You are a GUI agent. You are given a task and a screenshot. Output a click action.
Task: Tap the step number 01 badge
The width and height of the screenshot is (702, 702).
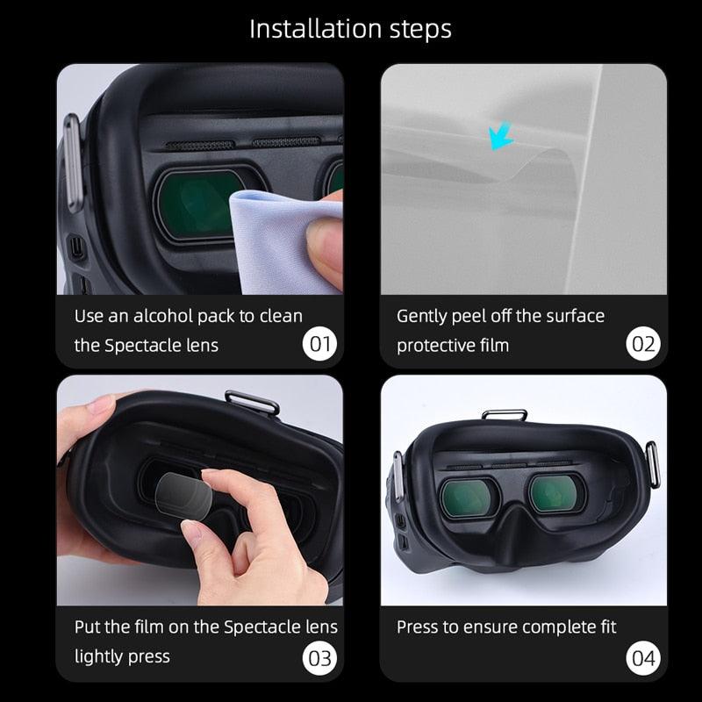[x=319, y=343]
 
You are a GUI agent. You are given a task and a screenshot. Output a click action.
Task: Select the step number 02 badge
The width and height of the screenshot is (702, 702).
[x=642, y=343]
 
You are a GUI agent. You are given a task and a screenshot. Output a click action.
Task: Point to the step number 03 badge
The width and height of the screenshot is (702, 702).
[x=319, y=657]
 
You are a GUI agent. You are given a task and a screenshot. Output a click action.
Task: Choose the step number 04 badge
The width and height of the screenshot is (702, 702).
[x=642, y=657]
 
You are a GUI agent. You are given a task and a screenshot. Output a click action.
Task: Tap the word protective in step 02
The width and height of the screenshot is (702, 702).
[x=434, y=346]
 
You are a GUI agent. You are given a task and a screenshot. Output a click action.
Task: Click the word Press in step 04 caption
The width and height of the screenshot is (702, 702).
[x=418, y=627]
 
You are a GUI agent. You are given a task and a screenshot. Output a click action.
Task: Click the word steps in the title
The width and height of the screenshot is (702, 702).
[x=417, y=28]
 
